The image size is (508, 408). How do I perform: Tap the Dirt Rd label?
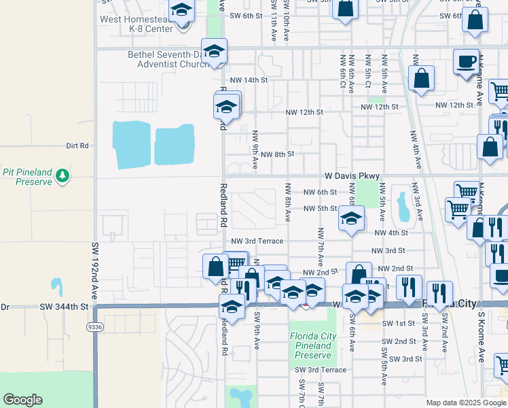pos(77,146)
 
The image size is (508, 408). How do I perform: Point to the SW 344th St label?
pos(65,307)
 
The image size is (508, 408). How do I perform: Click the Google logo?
pos(22,400)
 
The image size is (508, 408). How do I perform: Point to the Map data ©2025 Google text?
pos(467,403)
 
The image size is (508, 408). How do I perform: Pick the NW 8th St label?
pos(277,154)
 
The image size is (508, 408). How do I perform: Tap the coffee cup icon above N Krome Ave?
pos(467,62)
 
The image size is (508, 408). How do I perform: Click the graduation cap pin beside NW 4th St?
pos(351,219)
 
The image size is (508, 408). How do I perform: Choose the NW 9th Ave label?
pos(255,149)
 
